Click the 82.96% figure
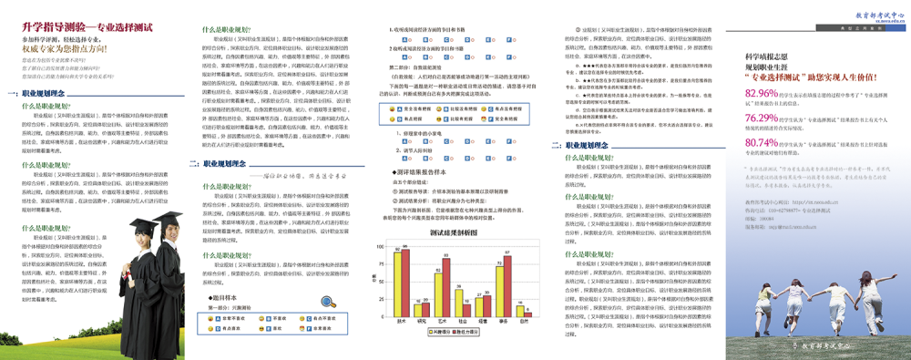point(762,94)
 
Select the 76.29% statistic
point(762,118)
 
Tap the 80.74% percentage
point(762,143)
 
